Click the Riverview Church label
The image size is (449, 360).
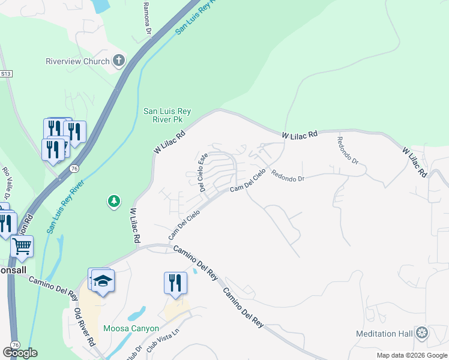click(x=78, y=61)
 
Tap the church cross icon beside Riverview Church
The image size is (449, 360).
click(x=119, y=60)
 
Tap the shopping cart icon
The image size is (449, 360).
click(x=22, y=246)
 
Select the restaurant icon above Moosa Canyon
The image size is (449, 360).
click(x=175, y=283)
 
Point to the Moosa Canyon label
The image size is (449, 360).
click(x=131, y=328)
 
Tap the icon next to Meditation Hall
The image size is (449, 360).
click(x=423, y=332)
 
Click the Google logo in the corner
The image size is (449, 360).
click(x=20, y=353)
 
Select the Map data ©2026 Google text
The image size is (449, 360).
click(x=412, y=355)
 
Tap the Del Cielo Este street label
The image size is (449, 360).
click(x=203, y=172)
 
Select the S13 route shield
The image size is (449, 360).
click(x=6, y=73)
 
